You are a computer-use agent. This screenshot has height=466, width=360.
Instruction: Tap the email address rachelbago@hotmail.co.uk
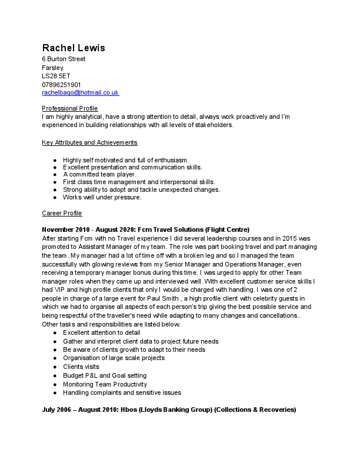80,93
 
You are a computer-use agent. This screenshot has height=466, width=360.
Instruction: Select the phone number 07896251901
61,85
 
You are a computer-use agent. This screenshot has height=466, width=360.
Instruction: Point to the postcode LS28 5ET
55,76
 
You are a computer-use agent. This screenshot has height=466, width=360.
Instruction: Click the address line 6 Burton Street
64,59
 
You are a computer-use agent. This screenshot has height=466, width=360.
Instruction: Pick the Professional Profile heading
70,109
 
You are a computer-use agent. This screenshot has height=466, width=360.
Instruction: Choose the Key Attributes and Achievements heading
89,143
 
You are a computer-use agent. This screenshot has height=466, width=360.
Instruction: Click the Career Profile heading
62,213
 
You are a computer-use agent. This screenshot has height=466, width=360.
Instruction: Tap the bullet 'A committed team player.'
99,174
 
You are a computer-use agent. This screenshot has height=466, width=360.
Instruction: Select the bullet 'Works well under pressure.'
102,197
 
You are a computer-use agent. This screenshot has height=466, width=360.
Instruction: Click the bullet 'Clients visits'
81,367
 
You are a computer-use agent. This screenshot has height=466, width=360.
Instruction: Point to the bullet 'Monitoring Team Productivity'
105,384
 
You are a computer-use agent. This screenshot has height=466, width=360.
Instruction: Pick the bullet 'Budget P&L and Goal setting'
105,375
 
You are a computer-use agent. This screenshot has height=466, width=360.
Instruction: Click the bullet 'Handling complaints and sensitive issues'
122,392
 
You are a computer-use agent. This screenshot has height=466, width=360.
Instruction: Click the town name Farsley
53,68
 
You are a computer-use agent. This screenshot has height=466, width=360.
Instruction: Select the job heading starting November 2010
146,229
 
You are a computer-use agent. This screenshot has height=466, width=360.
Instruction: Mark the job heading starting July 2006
169,410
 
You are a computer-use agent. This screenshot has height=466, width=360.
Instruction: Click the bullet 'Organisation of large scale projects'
114,358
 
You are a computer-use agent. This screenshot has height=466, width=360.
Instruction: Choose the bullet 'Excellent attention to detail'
102,332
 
